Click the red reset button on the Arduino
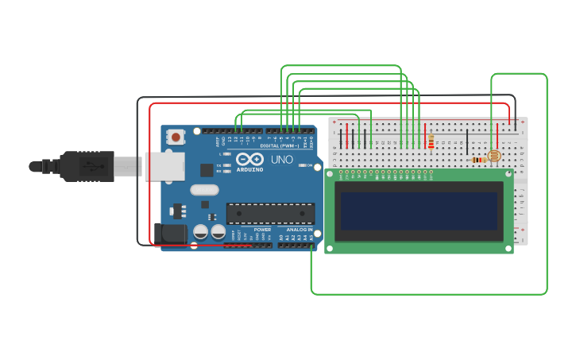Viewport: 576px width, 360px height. coord(175,137)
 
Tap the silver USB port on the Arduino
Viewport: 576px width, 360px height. coord(164,166)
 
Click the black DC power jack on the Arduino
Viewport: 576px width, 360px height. coord(169,234)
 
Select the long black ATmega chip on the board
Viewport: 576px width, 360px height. coord(270,213)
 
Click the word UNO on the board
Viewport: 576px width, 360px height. coord(282,160)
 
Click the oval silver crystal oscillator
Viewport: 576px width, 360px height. coord(204,190)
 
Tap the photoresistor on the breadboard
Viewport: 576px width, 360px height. coord(493,156)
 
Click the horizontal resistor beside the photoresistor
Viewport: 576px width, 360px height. coord(478,160)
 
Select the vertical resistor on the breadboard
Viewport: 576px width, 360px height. coord(431,141)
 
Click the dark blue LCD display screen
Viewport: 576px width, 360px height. coord(419,211)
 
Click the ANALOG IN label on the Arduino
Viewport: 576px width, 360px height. coord(300,230)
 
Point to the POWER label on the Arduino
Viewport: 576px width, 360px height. coord(262,230)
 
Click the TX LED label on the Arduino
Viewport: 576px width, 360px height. coord(219,165)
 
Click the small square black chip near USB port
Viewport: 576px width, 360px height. coord(207,169)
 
